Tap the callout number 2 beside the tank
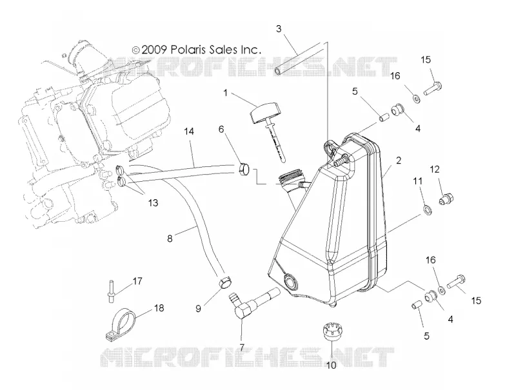click(399, 161)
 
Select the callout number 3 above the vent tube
click(279, 29)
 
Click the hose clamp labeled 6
click(244, 170)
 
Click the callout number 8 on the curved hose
click(170, 239)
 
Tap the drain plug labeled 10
click(331, 333)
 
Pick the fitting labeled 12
click(446, 199)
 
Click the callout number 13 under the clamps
click(153, 203)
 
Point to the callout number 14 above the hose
click(188, 132)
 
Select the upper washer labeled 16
click(416, 98)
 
